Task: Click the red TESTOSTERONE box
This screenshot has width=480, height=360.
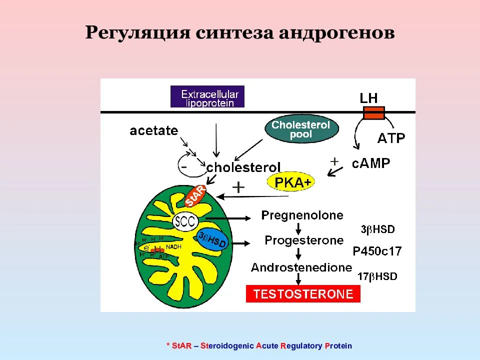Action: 303,293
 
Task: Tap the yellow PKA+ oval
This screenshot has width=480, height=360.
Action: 292,183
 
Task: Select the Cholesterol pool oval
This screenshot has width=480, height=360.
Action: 301,129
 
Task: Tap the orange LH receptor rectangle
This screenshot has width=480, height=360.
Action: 373,113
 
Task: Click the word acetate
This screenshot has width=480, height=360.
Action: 153,131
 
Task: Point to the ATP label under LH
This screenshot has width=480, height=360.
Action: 390,138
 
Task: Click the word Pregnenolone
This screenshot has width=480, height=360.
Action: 302,216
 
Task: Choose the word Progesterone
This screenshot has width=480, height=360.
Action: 304,240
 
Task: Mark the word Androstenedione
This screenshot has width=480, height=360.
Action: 301,267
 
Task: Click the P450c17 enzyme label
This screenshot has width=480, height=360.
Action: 377,251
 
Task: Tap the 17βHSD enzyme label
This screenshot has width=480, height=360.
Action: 377,276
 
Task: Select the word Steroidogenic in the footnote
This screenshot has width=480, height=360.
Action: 227,346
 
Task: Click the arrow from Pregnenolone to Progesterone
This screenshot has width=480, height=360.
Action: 298,228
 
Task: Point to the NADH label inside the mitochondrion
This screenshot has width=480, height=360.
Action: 173,246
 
